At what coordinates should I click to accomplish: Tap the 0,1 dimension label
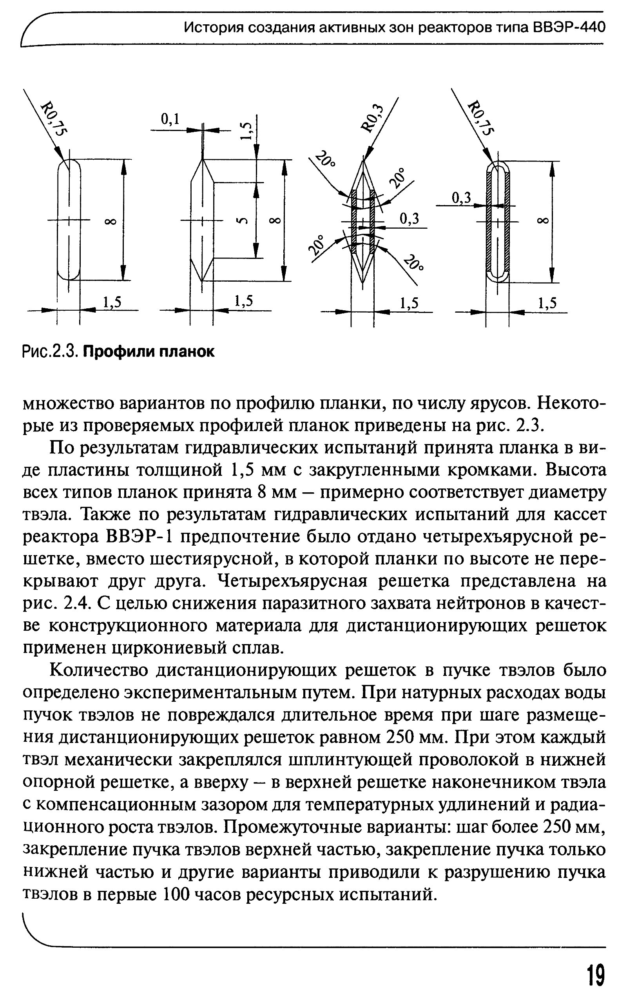[x=170, y=119]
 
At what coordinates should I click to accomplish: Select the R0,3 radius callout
[x=373, y=118]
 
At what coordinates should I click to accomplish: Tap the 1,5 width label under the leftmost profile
[x=112, y=302]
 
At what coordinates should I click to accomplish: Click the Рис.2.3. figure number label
[x=49, y=352]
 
